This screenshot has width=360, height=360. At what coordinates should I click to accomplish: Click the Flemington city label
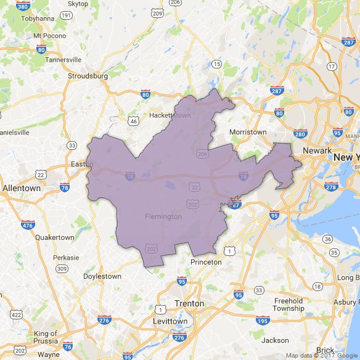163,216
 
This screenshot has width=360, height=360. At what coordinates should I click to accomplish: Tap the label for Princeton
206,262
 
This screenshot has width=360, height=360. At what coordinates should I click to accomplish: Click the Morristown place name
248,132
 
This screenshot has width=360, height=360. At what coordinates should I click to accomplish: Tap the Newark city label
317,150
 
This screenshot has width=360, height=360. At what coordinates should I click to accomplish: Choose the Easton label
81,164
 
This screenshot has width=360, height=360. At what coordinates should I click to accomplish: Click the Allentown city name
22,187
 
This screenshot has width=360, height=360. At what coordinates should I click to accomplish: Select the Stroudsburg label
89,76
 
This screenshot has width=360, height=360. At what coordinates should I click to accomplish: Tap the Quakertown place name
54,237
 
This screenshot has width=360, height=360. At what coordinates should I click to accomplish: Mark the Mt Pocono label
49,35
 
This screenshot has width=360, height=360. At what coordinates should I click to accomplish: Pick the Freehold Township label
288,305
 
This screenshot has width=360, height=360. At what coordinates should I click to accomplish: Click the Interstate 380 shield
23,7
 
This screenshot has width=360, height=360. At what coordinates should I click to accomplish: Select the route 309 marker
62,268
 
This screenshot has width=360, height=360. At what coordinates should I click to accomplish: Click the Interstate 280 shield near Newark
301,134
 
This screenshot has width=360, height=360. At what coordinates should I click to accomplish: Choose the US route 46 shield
133,121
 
